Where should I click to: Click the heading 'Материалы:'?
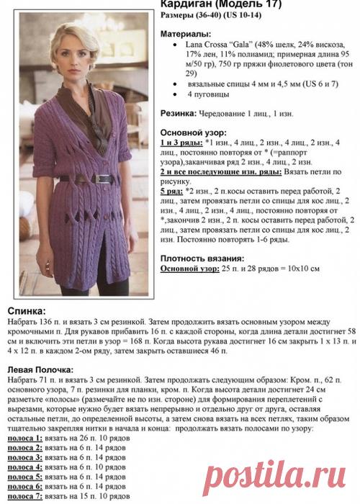[185, 34]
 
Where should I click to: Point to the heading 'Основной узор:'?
[193, 132]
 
